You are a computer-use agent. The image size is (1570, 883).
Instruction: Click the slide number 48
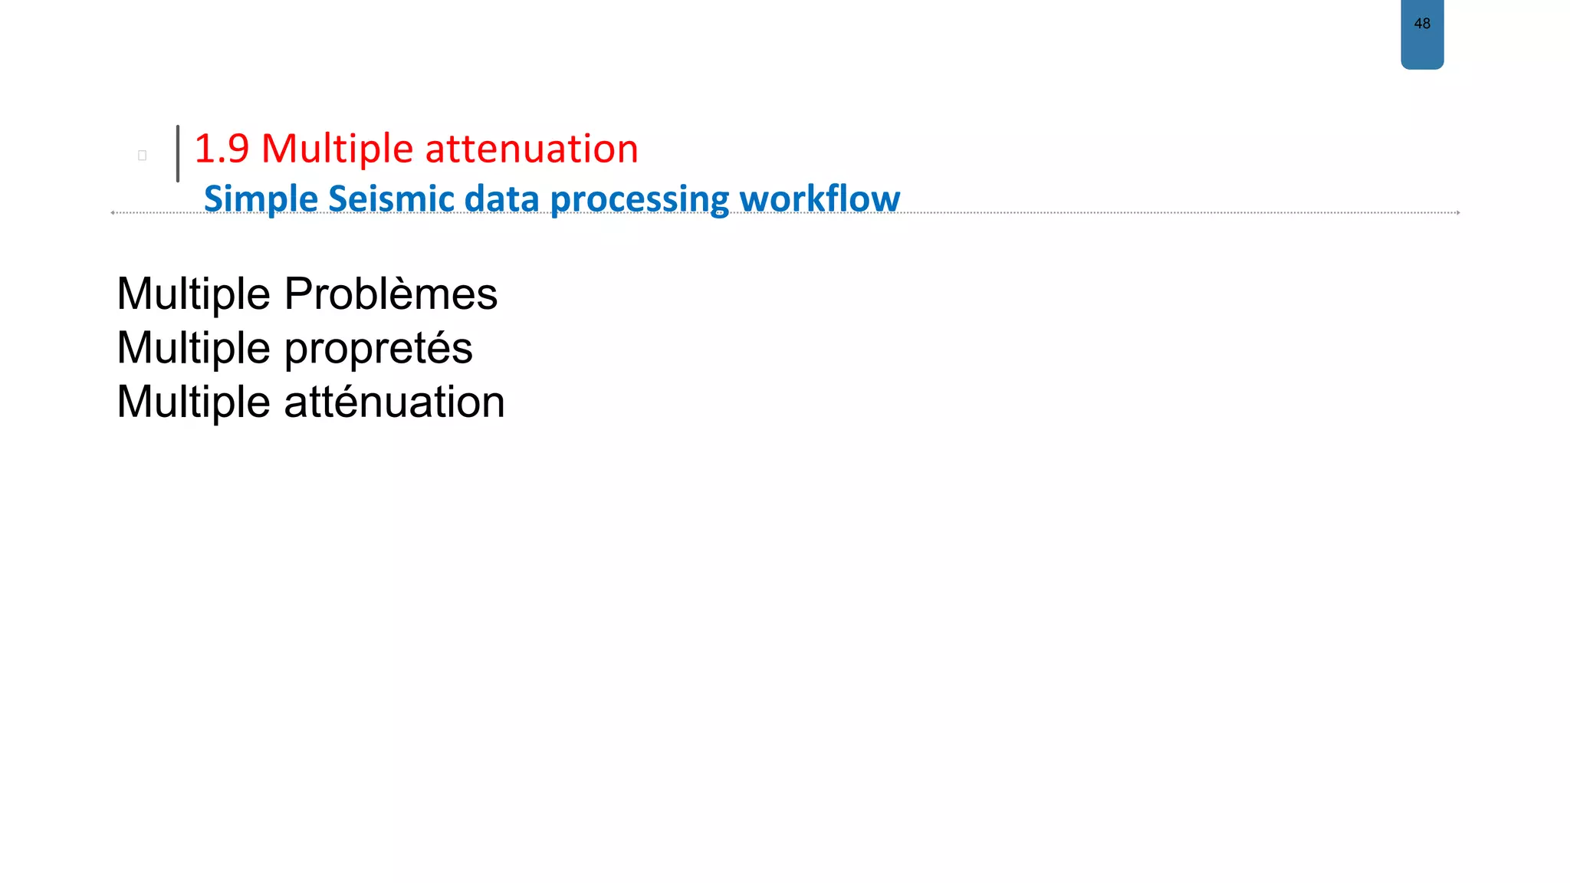pos(1422,24)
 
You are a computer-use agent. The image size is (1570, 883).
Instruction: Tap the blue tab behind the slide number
pos(1422,50)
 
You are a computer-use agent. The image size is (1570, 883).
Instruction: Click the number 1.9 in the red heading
pos(222,149)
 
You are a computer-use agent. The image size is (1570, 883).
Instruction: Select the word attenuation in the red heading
pos(531,149)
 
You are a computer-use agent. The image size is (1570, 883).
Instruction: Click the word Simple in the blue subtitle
pos(261,199)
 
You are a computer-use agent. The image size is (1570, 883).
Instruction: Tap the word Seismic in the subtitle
pos(391,199)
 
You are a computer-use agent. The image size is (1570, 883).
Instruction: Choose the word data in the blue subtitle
pos(501,199)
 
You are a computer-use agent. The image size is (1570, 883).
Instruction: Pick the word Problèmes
pos(390,294)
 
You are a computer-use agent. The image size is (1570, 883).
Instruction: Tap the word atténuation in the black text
pos(394,402)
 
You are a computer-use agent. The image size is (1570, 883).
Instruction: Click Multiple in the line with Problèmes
pos(194,294)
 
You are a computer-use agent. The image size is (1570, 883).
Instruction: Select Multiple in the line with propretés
pos(194,349)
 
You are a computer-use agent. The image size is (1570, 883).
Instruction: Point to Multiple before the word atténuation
pos(194,402)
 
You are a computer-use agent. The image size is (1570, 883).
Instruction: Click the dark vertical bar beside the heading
pos(178,153)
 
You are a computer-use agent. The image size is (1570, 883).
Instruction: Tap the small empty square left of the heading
pos(142,156)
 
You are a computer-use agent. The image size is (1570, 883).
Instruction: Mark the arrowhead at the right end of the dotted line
pos(1457,212)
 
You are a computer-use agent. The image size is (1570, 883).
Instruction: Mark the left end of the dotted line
pos(113,212)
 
